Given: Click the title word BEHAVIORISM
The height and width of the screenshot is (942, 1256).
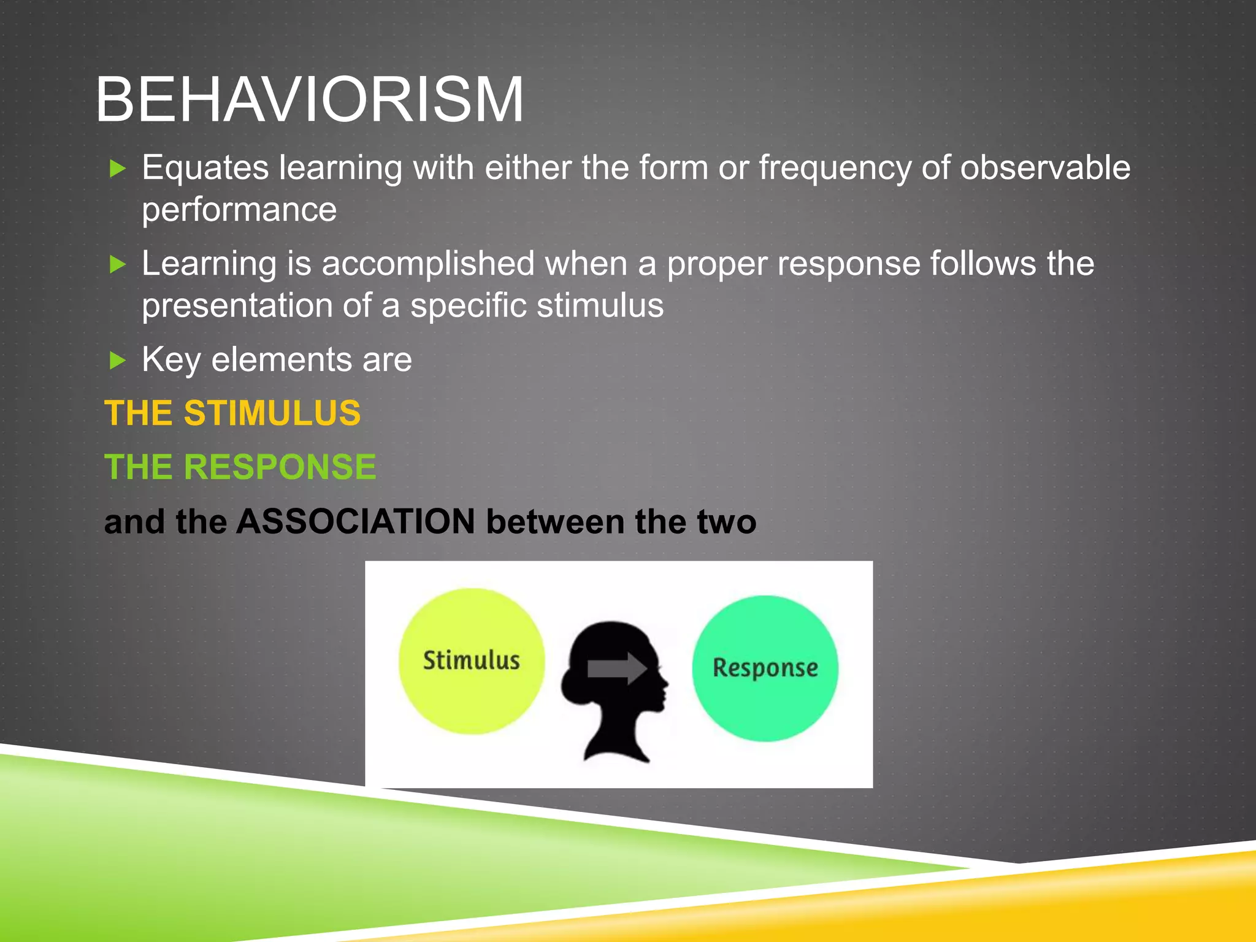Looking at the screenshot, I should point(310,99).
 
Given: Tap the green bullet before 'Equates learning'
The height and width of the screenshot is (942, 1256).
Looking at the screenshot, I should point(117,168).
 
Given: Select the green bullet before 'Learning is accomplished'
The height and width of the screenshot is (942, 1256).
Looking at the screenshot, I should point(117,264).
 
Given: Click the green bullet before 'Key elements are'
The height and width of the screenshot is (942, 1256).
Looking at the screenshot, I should point(117,360).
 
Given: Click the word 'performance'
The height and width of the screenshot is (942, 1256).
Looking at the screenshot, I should point(239,210).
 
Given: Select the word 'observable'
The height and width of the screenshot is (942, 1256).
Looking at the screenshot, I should point(1044,167).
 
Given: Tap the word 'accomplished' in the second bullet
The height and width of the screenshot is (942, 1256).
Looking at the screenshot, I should point(428,264).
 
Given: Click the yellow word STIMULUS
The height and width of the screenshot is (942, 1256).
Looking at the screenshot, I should point(272,413).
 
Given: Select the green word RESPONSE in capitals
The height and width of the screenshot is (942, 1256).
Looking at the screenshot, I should point(280,467).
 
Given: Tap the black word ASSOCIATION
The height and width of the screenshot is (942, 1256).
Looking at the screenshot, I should point(356,521).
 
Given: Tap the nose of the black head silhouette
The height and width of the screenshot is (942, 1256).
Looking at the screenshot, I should point(665,683).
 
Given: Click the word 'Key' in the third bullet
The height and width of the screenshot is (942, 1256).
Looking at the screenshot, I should point(171,360).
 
